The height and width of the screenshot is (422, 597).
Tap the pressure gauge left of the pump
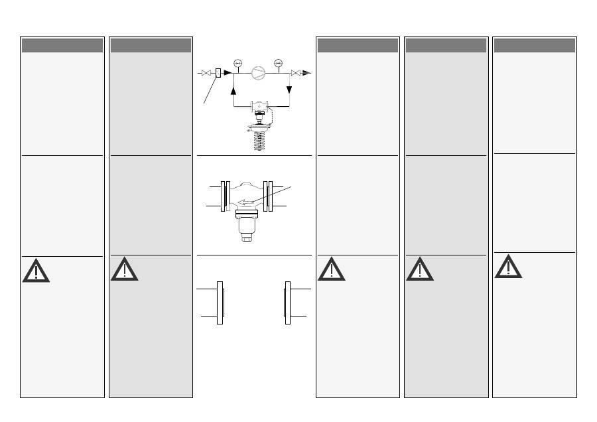pos(237,64)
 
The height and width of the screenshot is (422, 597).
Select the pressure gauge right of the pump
pos(279,64)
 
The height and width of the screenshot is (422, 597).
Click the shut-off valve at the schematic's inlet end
pos(206,72)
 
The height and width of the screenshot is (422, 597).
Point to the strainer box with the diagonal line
pos(218,72)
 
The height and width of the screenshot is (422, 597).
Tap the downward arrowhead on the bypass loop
pos(289,90)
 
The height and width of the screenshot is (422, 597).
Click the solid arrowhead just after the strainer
pos(228,72)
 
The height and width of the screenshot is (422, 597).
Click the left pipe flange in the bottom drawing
pos(220,303)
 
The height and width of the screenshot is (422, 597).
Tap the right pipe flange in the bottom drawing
pos(288,303)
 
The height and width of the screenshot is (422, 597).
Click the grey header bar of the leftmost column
pos(62,45)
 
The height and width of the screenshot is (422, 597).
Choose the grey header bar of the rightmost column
pos(534,45)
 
